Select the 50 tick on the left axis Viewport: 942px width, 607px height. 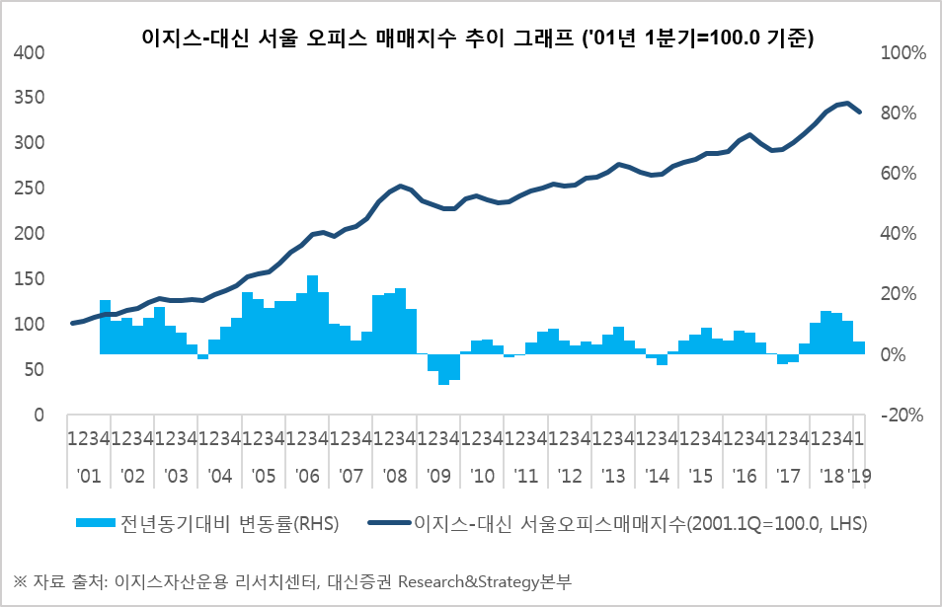click(x=38, y=370)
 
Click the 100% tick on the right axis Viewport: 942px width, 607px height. click(x=898, y=52)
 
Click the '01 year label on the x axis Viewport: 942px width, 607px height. click(x=88, y=476)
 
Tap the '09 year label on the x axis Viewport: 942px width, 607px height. click(x=437, y=476)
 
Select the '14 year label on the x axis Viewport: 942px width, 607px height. click(x=657, y=476)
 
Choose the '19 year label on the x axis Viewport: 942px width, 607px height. click(x=859, y=476)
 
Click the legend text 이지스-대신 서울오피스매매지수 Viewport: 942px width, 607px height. click(x=548, y=523)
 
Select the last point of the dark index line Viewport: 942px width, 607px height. click(x=859, y=112)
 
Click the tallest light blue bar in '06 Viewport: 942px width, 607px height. click(x=312, y=314)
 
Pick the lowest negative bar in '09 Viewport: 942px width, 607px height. click(x=443, y=368)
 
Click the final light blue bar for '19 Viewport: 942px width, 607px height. click(x=859, y=347)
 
